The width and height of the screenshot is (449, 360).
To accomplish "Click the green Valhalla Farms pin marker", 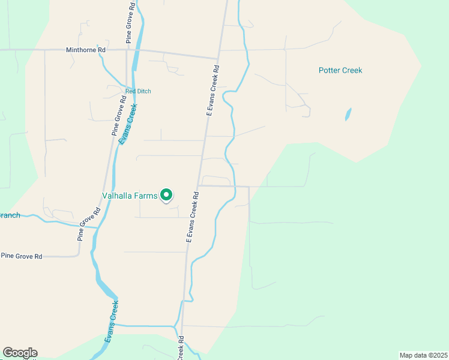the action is click(167, 195).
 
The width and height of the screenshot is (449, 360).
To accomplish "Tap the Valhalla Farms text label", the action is click(130, 196).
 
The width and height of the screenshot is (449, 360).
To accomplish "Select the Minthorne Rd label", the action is click(86, 50).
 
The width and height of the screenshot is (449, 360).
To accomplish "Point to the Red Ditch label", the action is click(138, 91).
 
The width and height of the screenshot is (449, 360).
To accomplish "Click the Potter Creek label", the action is click(340, 70).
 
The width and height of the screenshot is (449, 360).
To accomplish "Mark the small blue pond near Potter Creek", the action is click(348, 114).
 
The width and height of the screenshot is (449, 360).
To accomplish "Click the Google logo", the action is click(20, 353).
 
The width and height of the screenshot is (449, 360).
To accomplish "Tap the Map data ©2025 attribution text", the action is click(424, 355).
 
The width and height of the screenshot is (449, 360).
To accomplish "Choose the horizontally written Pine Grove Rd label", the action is click(22, 256).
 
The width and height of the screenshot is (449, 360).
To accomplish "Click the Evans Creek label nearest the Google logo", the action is click(112, 320).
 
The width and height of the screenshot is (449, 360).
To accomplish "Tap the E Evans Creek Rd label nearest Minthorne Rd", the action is click(211, 91).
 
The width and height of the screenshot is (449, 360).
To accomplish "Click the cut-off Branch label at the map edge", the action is click(10, 215).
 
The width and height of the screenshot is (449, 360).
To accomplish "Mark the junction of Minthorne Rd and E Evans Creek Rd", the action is click(217, 58).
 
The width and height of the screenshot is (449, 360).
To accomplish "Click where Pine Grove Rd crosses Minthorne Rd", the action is click(126, 51).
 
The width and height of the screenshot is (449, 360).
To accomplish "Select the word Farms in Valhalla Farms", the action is click(146, 196).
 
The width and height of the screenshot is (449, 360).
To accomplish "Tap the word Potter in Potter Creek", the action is click(329, 70).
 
